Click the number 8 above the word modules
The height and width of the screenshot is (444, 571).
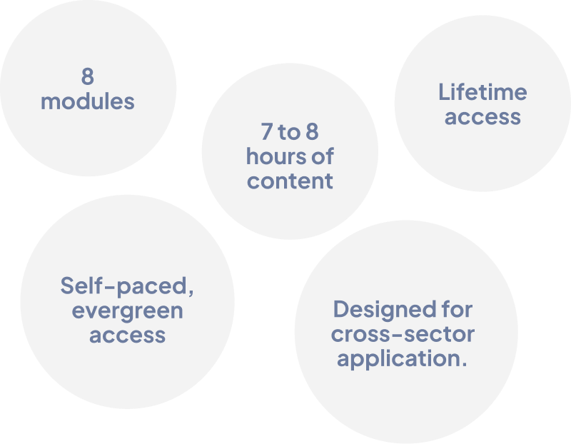(87, 76)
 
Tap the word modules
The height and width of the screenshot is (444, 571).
(87, 101)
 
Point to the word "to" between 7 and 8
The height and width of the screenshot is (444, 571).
(289, 132)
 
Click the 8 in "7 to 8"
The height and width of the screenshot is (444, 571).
(313, 132)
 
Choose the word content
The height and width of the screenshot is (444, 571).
(290, 181)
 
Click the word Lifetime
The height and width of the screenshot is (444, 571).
(482, 92)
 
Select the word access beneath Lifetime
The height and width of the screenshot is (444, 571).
(482, 117)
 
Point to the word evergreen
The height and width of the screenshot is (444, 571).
(127, 311)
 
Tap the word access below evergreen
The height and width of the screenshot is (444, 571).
(127, 335)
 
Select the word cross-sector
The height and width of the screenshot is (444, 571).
(403, 334)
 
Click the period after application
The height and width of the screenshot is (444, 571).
(465, 364)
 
